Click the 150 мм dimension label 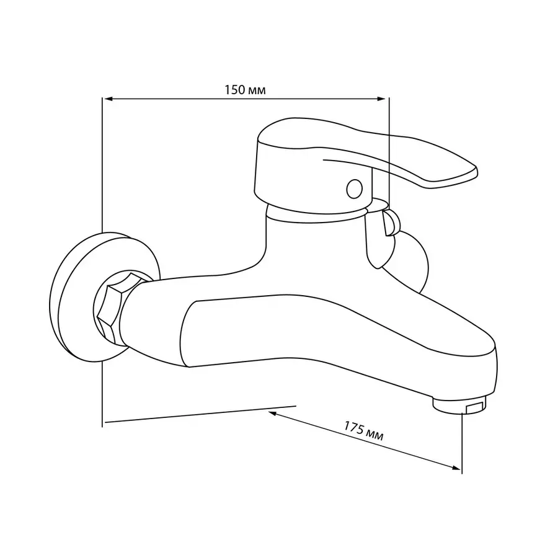245,90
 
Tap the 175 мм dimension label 363,431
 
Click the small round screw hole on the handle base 354,188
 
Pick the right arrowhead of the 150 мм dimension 381,99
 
